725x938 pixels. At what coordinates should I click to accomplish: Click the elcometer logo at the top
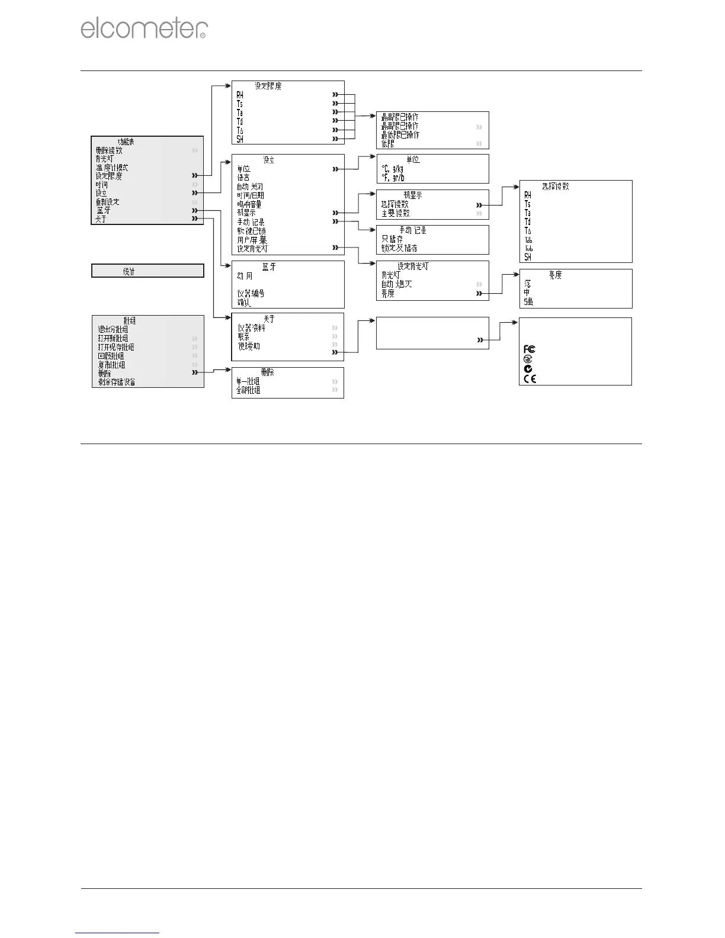144,29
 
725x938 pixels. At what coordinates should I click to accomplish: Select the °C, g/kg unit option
393,169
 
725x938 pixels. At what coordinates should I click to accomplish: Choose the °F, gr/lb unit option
393,178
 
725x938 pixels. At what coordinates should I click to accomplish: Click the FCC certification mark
530,349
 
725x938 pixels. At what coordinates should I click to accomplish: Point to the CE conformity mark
530,378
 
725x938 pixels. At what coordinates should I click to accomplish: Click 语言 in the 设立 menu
243,178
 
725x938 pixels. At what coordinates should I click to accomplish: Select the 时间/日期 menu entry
251,195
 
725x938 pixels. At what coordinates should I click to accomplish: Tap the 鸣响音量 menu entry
249,204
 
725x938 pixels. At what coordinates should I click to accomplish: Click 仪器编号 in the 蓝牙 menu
251,293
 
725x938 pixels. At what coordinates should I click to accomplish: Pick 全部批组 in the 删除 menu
248,391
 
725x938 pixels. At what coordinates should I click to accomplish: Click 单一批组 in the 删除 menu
248,382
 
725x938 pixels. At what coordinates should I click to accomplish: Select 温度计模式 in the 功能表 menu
112,168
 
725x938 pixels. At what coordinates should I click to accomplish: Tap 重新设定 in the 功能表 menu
108,202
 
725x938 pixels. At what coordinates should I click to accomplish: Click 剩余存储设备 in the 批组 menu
117,383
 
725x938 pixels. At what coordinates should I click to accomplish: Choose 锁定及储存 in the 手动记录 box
399,248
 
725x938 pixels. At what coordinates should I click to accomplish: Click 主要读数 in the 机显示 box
395,213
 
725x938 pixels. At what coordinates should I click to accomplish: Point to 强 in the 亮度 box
528,302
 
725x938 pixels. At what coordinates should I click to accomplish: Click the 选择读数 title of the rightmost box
556,187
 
